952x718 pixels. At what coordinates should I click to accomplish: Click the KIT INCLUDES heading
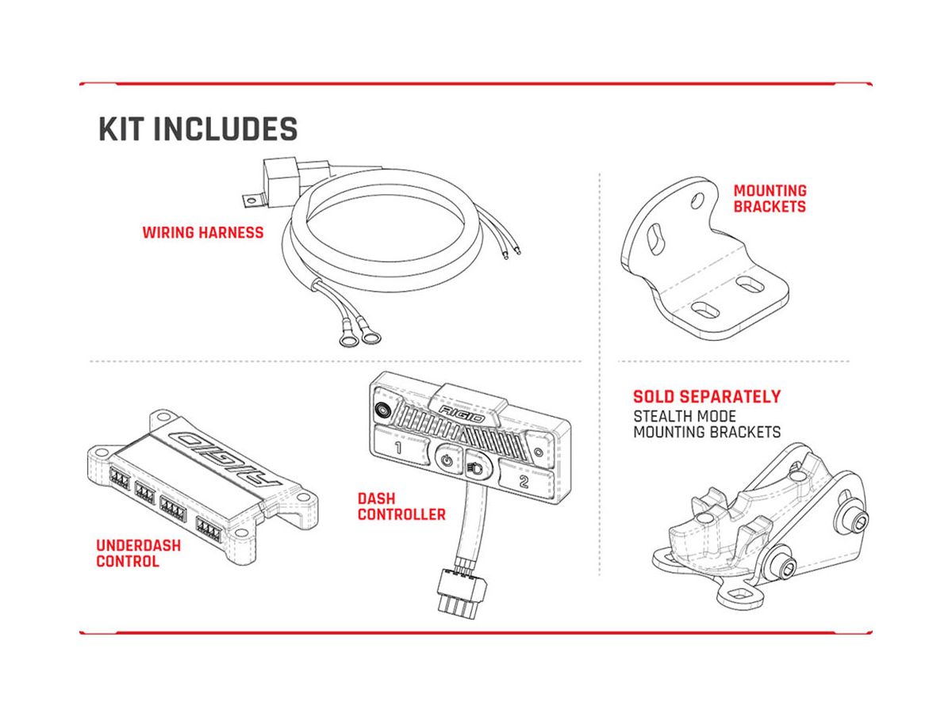[198, 128]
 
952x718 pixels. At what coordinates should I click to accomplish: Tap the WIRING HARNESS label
[202, 232]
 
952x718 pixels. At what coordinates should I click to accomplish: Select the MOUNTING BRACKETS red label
[770, 198]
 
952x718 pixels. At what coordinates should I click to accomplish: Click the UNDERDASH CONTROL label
[138, 553]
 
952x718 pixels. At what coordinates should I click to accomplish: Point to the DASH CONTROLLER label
[401, 506]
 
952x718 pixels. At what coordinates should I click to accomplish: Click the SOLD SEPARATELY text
[707, 396]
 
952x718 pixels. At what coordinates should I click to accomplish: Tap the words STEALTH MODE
[685, 416]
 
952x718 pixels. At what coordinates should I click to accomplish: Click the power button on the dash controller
[447, 459]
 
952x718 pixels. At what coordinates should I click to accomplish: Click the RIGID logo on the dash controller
[462, 414]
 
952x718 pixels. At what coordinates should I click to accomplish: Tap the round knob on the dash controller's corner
[383, 408]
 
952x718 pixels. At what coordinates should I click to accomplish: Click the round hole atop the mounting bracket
[697, 200]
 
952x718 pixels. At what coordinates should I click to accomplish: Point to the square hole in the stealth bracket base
[737, 595]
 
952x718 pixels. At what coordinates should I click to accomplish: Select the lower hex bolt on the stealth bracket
[786, 572]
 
